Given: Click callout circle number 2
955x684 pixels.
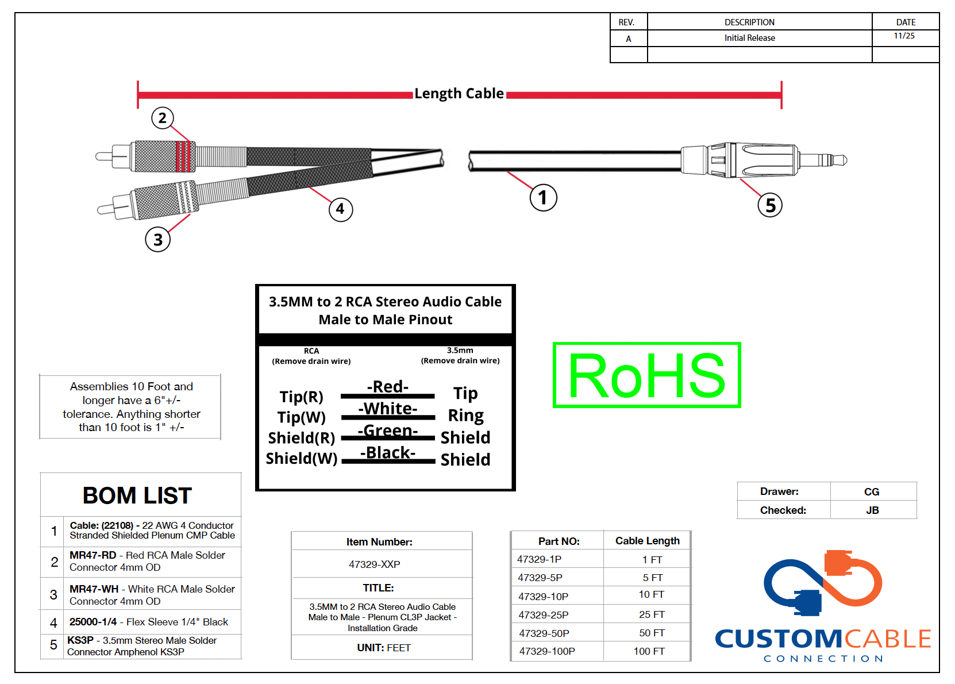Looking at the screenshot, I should (x=163, y=118).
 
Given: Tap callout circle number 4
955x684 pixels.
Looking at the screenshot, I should (x=340, y=209).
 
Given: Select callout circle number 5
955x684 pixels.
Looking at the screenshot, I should (x=770, y=205).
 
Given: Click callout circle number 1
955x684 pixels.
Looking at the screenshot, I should (x=543, y=197).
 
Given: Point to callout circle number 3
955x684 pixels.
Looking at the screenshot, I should (x=158, y=239).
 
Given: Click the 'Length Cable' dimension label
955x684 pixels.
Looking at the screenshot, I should (x=459, y=94).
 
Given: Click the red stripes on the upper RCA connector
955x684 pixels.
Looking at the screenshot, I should (x=183, y=156).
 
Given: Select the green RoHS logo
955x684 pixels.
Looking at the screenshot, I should (x=646, y=375).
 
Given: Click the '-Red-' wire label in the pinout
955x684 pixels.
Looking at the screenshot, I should (x=388, y=386).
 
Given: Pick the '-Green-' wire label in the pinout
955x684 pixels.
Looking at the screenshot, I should (x=388, y=431).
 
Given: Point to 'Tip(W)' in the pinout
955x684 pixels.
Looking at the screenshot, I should (x=302, y=417).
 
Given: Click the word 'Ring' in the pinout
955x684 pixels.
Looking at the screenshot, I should (x=465, y=415).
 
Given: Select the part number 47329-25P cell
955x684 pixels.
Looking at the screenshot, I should (x=544, y=615).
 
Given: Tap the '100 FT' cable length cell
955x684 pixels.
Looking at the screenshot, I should (x=649, y=651).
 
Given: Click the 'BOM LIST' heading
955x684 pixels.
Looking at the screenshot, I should (x=137, y=495).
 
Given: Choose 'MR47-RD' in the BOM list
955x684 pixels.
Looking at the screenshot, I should (x=93, y=555).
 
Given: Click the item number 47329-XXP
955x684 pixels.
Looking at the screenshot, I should (x=375, y=564).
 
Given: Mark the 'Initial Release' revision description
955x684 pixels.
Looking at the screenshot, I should (x=749, y=38).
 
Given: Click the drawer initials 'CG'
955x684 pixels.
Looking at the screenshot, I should (x=871, y=492).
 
